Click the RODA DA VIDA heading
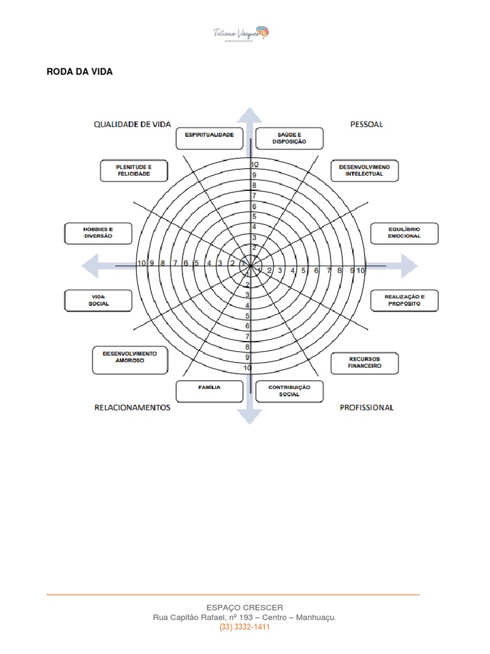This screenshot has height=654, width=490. (x=80, y=72)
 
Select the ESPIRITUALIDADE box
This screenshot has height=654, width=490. (x=209, y=137)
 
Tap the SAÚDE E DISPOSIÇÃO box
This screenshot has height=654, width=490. (x=289, y=137)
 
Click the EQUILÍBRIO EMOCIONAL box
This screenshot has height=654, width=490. (x=405, y=232)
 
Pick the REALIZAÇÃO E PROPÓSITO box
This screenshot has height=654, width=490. (x=405, y=301)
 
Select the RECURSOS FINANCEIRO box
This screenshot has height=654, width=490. (x=364, y=363)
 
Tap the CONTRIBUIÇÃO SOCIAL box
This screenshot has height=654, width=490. (x=289, y=391)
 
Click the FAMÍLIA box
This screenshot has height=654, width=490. (x=209, y=390)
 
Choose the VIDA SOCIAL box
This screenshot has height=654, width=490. (x=99, y=301)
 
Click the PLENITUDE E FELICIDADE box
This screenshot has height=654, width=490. (x=133, y=171)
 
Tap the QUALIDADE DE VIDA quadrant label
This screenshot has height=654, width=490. (x=133, y=125)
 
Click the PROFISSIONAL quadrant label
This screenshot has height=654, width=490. (x=367, y=407)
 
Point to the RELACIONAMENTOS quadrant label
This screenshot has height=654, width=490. (x=133, y=407)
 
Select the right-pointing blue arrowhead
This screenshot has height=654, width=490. (x=408, y=264)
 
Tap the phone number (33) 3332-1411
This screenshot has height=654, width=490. (x=245, y=627)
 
